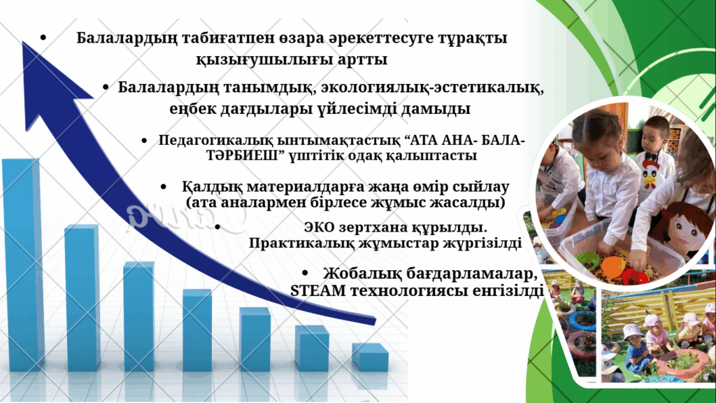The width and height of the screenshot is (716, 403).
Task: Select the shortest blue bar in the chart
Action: click(x=371, y=358)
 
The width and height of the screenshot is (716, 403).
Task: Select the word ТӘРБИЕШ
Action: click(x=242, y=155)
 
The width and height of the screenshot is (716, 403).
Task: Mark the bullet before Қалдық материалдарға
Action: click(x=164, y=187)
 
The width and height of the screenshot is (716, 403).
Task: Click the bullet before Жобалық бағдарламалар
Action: click(x=305, y=274)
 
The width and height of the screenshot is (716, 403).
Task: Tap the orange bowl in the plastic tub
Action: click(x=613, y=265)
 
